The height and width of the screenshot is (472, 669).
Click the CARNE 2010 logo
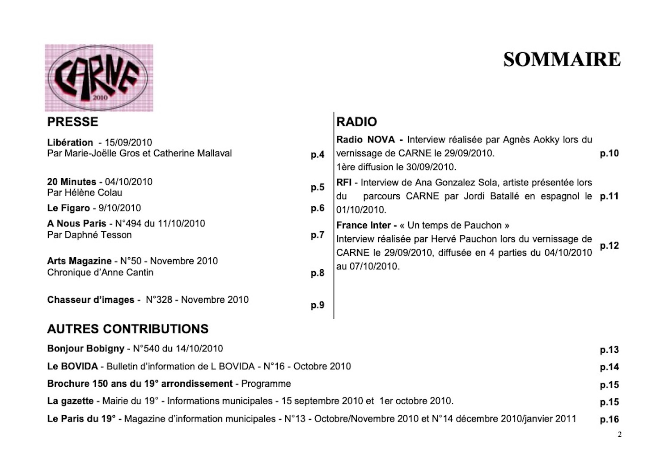pyautogui.click(x=99, y=78)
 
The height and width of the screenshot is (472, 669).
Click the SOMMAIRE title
pyautogui.click(x=562, y=60)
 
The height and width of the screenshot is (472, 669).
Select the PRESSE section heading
pyautogui.click(x=72, y=122)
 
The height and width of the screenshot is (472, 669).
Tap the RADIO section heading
pyautogui.click(x=356, y=122)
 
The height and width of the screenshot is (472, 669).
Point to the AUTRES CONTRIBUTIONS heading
pyautogui.click(x=128, y=329)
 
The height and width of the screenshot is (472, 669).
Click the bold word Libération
pyautogui.click(x=70, y=143)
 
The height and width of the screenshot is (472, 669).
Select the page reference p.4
pyautogui.click(x=318, y=155)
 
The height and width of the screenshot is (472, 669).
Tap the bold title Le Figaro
pyautogui.click(x=68, y=208)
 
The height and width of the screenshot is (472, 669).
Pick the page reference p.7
pyautogui.click(x=318, y=235)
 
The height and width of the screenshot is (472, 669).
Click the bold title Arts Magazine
pyautogui.click(x=79, y=261)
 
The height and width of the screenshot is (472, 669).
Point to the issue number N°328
pyautogui.click(x=159, y=300)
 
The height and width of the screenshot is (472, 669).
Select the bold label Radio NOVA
pyautogui.click(x=365, y=140)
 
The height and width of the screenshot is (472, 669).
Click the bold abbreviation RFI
pyautogui.click(x=343, y=183)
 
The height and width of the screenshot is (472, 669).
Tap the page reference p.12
pyautogui.click(x=609, y=246)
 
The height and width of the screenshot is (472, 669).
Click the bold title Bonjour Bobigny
pyautogui.click(x=85, y=349)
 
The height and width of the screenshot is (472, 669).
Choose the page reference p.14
pyautogui.click(x=609, y=368)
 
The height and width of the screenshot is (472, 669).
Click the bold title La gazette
pyautogui.click(x=70, y=401)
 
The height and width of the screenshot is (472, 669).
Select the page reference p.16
pyautogui.click(x=609, y=420)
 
